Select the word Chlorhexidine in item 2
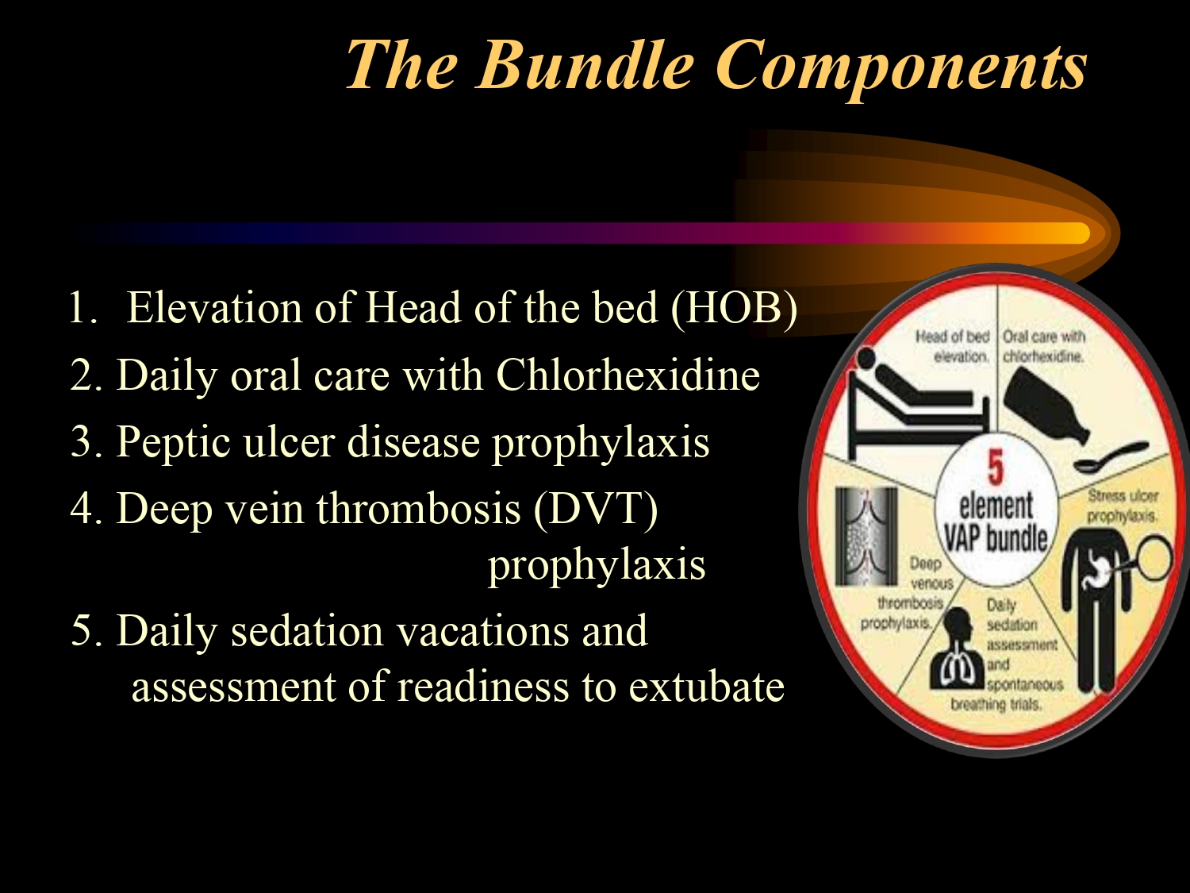[628, 375]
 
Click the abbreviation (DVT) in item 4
[596, 509]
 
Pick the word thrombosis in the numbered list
[418, 509]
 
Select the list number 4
[82, 509]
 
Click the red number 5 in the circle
[996, 468]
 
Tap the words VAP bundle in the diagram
[996, 539]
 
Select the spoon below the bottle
[1111, 457]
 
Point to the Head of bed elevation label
[953, 346]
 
